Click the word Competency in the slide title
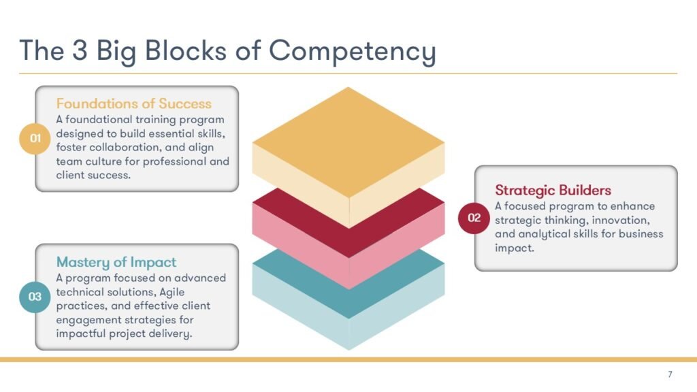tap(352, 51)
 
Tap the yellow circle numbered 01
tap(35, 138)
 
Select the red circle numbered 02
tap(474, 218)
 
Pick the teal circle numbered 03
tap(35, 297)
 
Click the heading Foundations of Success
tap(134, 103)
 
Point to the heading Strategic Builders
tap(553, 191)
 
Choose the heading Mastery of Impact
tap(116, 262)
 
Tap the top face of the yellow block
tap(348, 142)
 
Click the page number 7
tap(670, 374)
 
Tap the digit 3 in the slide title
tap(80, 50)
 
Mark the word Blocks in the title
tap(186, 50)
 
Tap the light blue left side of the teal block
tap(300, 307)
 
